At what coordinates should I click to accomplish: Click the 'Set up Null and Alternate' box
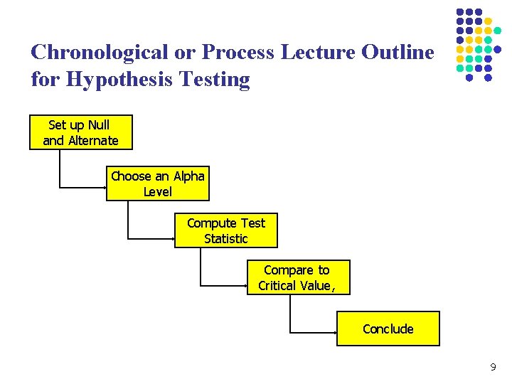80,132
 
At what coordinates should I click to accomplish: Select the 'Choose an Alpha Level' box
158,183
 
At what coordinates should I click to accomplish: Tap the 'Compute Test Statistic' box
225,230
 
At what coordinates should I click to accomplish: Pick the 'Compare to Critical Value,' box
298,277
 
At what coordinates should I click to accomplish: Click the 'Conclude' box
388,329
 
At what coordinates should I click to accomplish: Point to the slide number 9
493,368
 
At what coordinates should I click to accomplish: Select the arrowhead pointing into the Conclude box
334,332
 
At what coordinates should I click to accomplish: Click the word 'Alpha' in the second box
188,176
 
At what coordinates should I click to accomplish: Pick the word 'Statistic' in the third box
225,239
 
